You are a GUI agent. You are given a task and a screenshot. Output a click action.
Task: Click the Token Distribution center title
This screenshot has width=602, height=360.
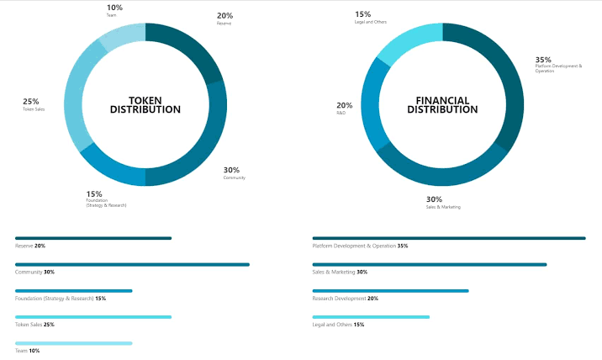click(x=145, y=104)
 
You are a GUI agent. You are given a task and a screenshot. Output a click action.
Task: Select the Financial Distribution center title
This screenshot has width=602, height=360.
click(x=442, y=104)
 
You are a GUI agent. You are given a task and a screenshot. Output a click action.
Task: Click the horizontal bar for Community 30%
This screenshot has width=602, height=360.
click(x=132, y=265)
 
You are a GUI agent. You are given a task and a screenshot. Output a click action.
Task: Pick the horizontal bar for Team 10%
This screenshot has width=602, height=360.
click(x=74, y=343)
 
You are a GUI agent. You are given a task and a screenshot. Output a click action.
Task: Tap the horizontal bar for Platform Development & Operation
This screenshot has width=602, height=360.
click(x=448, y=238)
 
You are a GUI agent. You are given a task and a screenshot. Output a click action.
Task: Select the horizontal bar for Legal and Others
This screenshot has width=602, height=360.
click(x=371, y=317)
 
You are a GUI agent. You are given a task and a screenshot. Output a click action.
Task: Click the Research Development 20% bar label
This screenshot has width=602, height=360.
click(x=345, y=299)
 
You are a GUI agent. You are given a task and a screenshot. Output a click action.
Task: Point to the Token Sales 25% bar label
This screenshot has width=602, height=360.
click(x=34, y=325)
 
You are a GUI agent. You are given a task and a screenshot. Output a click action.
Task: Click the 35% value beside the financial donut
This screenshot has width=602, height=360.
click(x=543, y=60)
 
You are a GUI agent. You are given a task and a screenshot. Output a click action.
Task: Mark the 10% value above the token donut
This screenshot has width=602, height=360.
click(x=114, y=8)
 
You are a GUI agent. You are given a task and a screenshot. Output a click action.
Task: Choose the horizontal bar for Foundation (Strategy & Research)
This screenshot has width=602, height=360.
click(x=74, y=291)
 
